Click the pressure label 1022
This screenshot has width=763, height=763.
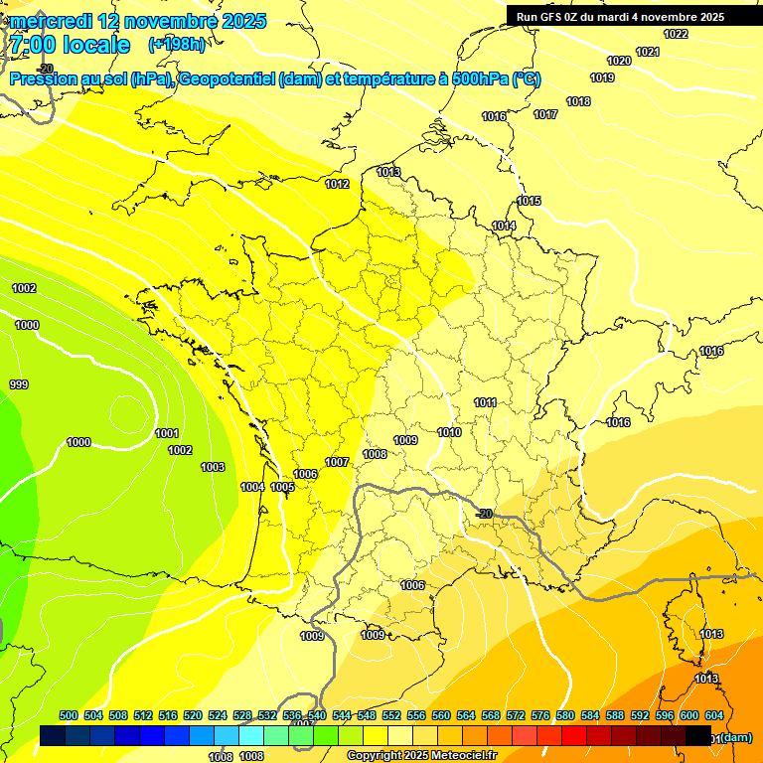[x=676, y=35]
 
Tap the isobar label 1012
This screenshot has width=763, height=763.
[x=337, y=184]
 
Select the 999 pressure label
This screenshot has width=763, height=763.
[x=19, y=384]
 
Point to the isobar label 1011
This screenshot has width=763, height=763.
[x=485, y=402]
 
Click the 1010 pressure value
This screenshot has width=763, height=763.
[x=449, y=432]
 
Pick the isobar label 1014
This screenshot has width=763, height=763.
[x=504, y=227]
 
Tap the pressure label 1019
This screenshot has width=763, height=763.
[x=602, y=77]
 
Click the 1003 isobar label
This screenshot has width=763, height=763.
[x=213, y=467]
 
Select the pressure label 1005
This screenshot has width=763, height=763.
[x=282, y=487]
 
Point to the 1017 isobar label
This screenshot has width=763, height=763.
[x=545, y=114]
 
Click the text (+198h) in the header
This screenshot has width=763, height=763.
[x=177, y=45]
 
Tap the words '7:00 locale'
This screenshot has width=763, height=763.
[x=71, y=45]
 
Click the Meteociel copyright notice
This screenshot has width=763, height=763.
[x=421, y=755]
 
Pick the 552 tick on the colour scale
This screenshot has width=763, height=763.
[x=391, y=715]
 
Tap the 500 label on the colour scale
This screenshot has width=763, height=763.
[x=69, y=715]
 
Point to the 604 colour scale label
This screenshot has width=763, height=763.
[x=714, y=715]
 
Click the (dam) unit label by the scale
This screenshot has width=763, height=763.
[x=736, y=737]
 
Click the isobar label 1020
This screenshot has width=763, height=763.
[x=618, y=61]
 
